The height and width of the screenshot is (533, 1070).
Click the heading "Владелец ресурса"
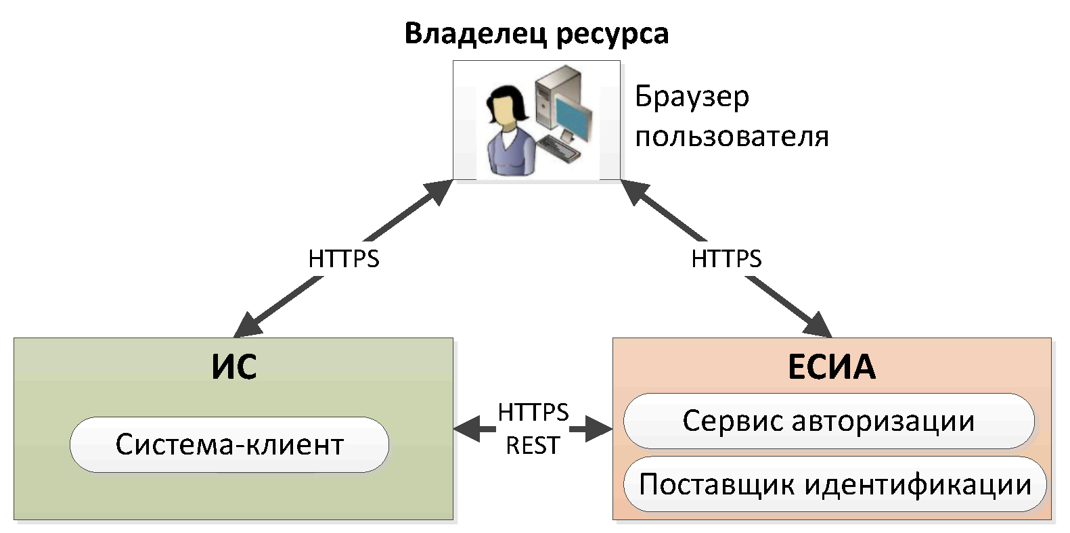tap(536, 34)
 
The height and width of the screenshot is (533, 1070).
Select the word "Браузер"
tap(692, 97)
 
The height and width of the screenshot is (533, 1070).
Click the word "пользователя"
tap(732, 137)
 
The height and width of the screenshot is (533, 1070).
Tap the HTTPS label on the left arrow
tap(343, 258)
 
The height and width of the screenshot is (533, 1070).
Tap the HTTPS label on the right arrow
tap(726, 258)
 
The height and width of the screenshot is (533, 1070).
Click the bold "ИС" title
tap(233, 367)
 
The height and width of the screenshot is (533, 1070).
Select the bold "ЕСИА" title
tap(831, 367)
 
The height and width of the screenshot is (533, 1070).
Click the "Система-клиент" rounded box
tap(229, 444)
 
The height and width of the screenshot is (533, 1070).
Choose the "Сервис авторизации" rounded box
tap(828, 421)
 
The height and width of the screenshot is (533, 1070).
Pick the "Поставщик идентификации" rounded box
tap(834, 484)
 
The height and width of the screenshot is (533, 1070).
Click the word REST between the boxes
tap(533, 446)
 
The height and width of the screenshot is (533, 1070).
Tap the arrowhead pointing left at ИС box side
tap(466, 428)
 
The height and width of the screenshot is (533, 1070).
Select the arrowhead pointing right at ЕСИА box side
tap(600, 428)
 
